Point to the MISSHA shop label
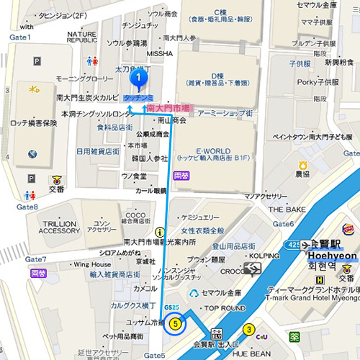[159, 53]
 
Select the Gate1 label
[19, 37]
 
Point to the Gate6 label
[283, 224]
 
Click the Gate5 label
[154, 355]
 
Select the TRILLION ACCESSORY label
[59, 227]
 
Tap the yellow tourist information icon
[159, 232]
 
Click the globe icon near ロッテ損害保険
[32, 153]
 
